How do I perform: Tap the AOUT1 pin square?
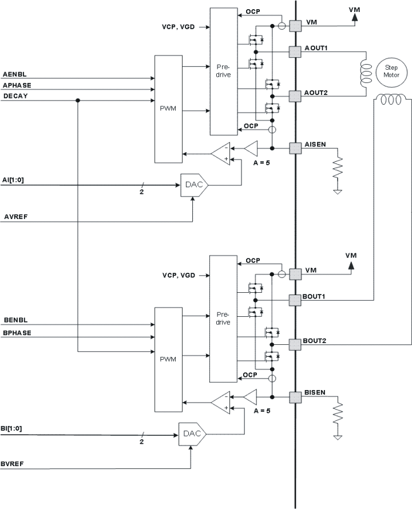point(295,51)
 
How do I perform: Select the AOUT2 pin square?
point(295,96)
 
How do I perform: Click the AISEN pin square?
point(295,148)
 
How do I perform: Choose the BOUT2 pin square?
point(295,344)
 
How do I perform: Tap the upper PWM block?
point(168,109)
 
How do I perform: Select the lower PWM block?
point(168,359)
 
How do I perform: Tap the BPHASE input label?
point(17,332)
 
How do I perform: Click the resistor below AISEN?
point(338,168)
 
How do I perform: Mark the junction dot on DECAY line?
point(77,101)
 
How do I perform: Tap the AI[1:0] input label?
point(13,180)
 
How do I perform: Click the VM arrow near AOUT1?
point(354,17)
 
